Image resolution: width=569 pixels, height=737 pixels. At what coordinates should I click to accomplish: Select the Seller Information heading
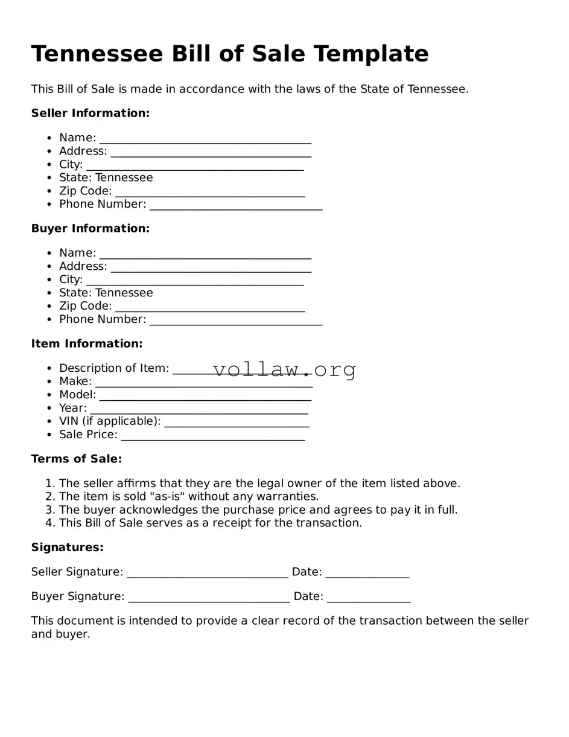90,113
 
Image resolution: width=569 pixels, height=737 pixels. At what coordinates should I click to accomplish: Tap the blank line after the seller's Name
205,139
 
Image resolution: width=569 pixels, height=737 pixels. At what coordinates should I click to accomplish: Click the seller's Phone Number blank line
235,206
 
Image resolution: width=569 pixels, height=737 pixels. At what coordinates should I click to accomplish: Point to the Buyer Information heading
90,229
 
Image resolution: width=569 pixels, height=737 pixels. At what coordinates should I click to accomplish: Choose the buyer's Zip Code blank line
209,308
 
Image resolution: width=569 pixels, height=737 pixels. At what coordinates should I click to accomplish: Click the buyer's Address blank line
211,268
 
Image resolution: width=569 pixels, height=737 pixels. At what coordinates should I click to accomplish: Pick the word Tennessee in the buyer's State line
124,293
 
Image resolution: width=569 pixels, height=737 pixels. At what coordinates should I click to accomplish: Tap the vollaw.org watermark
284,369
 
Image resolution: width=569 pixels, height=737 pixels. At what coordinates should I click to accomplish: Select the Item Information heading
87,344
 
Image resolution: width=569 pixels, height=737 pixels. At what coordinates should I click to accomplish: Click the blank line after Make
203,383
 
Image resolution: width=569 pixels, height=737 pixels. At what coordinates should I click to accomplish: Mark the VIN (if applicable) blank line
237,423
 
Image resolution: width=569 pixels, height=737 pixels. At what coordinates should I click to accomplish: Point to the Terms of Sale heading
77,459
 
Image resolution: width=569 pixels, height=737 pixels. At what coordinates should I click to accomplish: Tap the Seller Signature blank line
207,573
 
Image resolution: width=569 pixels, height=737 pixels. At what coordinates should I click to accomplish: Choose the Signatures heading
68,547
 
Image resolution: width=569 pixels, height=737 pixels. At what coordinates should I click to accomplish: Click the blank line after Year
199,409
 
